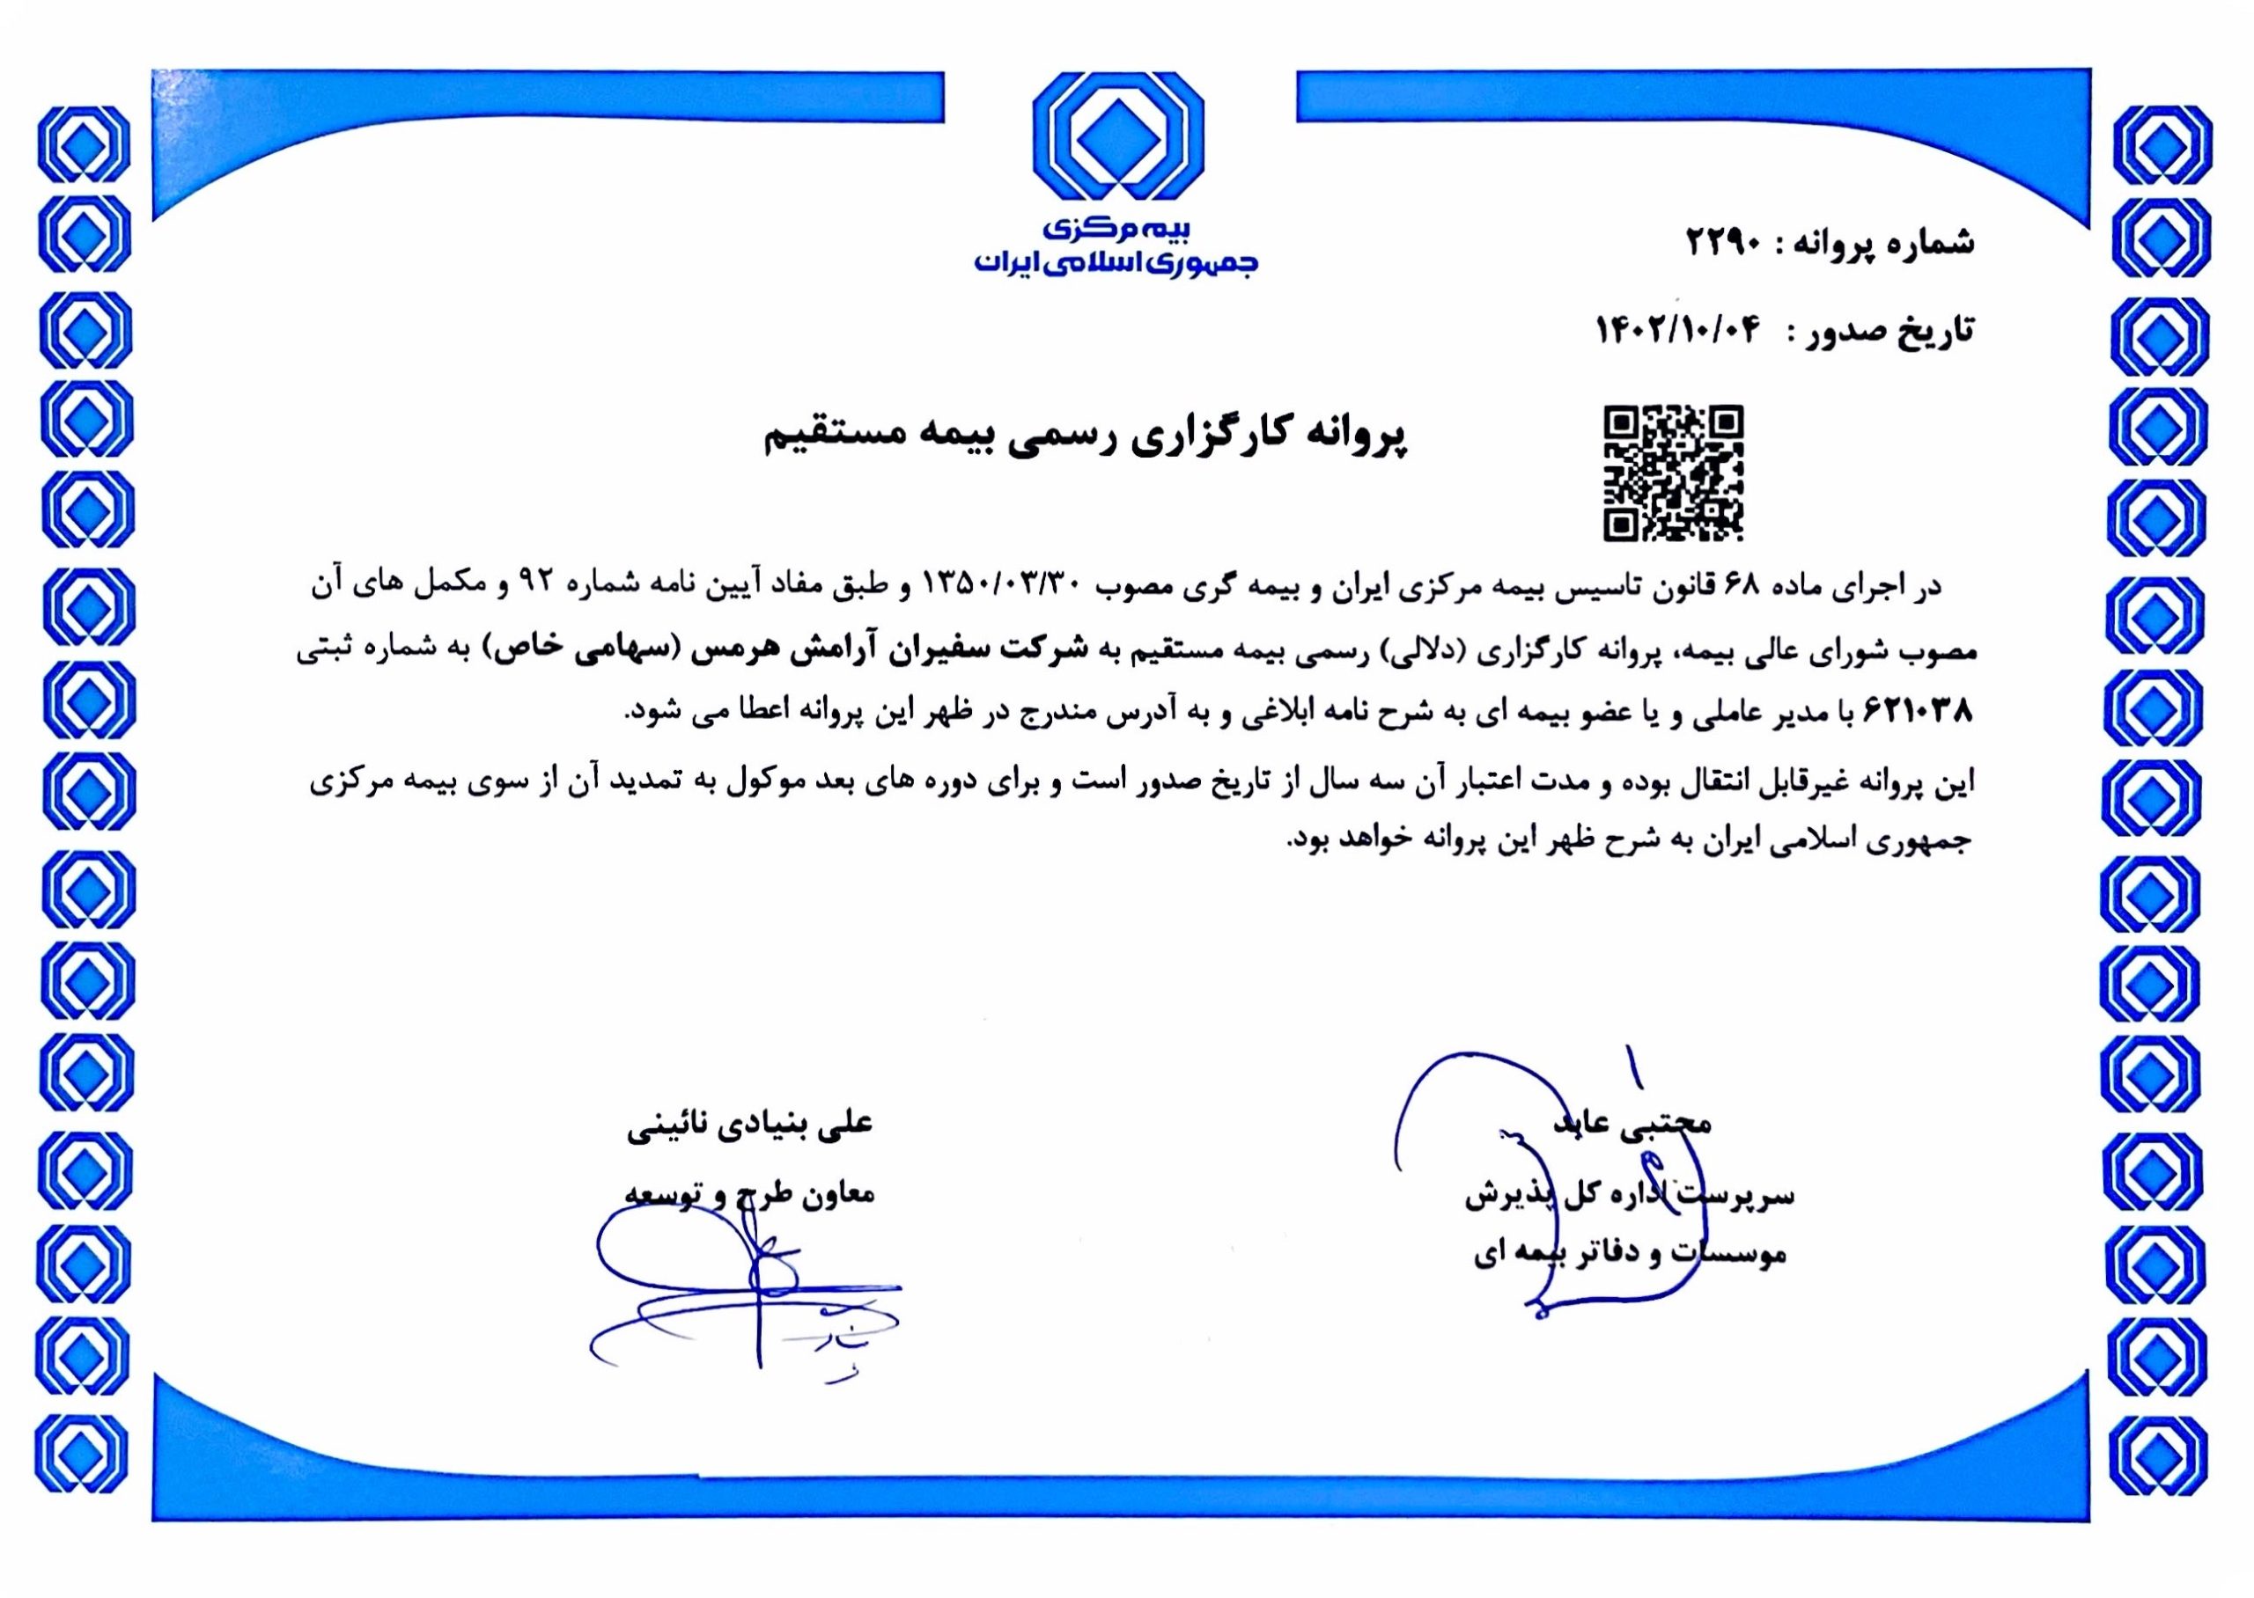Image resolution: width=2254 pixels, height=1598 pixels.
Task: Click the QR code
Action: tap(1673, 473)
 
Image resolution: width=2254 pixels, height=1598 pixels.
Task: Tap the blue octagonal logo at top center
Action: tap(1118, 138)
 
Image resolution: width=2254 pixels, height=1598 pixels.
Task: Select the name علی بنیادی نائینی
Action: tap(750, 1124)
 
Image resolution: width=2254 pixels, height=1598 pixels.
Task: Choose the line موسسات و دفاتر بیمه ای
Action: tap(1629, 1257)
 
